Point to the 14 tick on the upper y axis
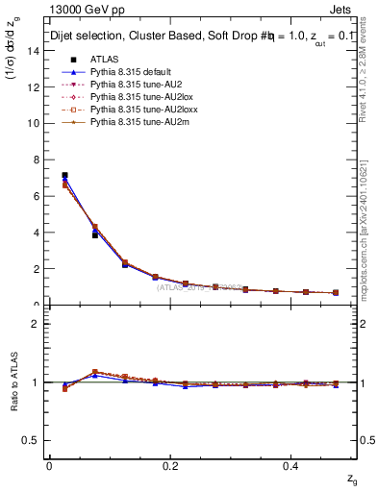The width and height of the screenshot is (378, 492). (x=46, y=50)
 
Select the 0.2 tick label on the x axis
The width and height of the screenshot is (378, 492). (x=171, y=466)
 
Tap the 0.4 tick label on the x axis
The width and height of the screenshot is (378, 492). (x=293, y=466)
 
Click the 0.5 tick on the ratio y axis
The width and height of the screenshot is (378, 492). (x=46, y=440)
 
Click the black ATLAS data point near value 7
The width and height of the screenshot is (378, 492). (x=64, y=176)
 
